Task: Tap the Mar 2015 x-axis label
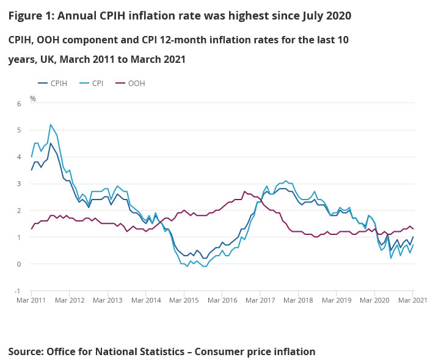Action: tap(184, 301)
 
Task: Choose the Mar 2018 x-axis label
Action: tap(299, 301)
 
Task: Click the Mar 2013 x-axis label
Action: tap(108, 301)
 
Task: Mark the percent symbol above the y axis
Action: tap(33, 98)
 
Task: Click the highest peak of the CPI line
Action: tap(51, 124)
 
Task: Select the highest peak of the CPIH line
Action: tap(51, 143)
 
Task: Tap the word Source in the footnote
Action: tap(26, 351)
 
